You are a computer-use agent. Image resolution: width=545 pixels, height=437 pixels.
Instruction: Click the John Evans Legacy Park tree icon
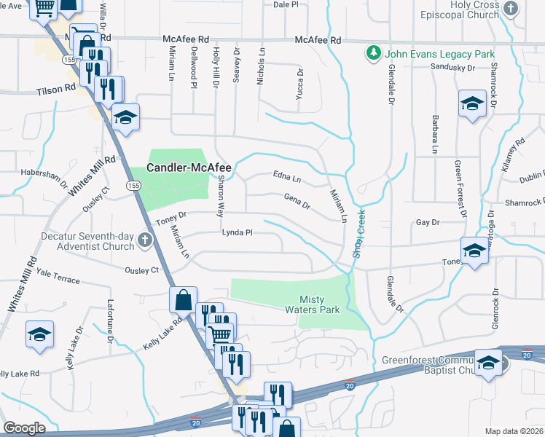coord(374,54)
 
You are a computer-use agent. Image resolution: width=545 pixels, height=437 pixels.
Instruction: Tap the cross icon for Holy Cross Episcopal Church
coord(511,8)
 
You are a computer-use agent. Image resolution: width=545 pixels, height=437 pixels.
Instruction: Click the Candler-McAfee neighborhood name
coord(189,168)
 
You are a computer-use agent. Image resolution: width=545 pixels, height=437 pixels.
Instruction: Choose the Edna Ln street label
coord(287,176)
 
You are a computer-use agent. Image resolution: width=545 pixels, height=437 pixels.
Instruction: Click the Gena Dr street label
coord(297,200)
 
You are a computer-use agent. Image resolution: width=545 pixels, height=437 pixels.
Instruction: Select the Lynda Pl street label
coord(237,233)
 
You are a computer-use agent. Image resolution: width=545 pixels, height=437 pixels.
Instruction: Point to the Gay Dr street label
coord(428,221)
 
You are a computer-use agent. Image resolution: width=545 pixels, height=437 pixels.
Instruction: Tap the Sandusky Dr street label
coord(452,67)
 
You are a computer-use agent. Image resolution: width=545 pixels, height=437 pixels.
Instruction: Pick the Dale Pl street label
coord(286,4)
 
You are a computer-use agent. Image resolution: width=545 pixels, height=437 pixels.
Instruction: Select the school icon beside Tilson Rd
coord(125,117)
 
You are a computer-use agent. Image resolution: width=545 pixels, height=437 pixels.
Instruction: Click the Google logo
coord(24,428)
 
